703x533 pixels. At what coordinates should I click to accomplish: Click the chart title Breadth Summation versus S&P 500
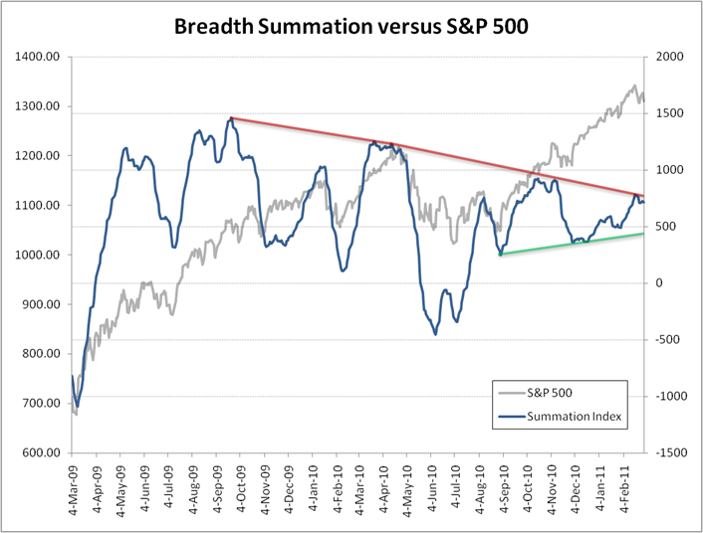[351, 26]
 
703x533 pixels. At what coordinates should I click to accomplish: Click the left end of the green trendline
[500, 255]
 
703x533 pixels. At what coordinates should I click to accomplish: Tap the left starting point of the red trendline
[231, 118]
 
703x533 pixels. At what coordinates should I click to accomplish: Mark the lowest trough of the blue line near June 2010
[436, 334]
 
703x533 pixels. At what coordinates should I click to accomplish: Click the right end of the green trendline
[643, 234]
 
